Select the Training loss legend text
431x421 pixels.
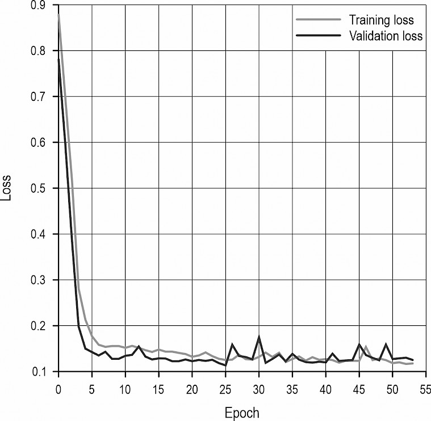(381, 20)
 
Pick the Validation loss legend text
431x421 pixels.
(386, 36)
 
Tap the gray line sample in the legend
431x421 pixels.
(317, 20)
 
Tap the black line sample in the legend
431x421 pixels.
(317, 36)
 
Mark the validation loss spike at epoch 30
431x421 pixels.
(259, 337)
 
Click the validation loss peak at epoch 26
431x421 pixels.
(232, 344)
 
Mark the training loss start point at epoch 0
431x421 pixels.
(58, 15)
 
